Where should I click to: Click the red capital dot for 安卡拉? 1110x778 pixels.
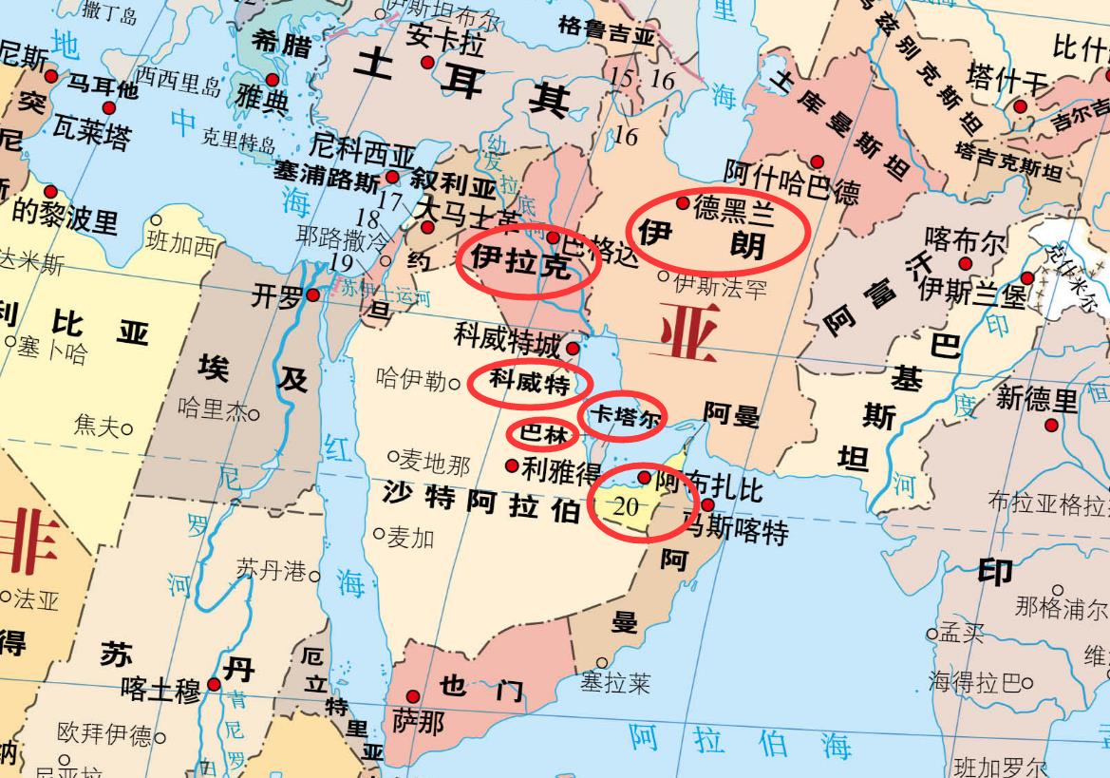427,63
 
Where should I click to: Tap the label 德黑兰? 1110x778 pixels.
734,209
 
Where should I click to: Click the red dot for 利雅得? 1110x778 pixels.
513,465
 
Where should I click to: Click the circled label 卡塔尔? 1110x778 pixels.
622,416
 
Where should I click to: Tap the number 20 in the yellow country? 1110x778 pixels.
626,506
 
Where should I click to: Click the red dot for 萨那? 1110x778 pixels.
412,696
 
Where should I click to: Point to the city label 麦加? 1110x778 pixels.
409,538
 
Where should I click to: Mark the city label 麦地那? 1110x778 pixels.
433,463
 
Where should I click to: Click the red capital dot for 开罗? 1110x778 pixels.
312,295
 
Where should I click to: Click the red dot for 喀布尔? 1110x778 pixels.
966,263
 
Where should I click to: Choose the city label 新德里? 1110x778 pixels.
1037,399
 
